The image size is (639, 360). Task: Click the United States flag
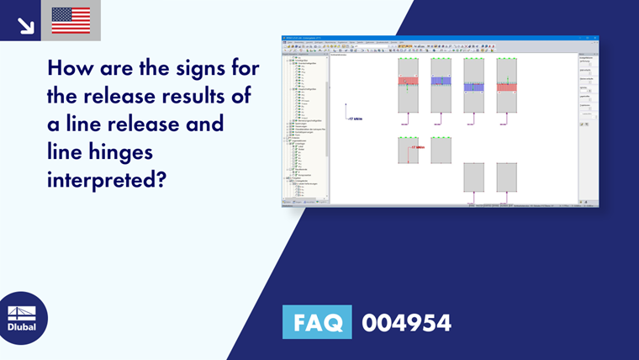[x=71, y=20]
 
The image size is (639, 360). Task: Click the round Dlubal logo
[x=23, y=318]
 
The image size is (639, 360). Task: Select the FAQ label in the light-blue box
[x=317, y=322]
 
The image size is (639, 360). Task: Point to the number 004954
[x=406, y=322]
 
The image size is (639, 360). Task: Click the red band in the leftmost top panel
[x=408, y=82]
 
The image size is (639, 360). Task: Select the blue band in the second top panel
[x=441, y=82]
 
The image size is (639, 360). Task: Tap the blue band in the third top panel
[x=474, y=86]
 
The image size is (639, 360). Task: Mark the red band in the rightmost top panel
[x=507, y=86]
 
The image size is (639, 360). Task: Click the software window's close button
[x=596, y=38]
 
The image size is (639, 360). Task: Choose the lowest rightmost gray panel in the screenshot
[x=507, y=177]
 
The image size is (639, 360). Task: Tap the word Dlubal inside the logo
[x=23, y=326]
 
